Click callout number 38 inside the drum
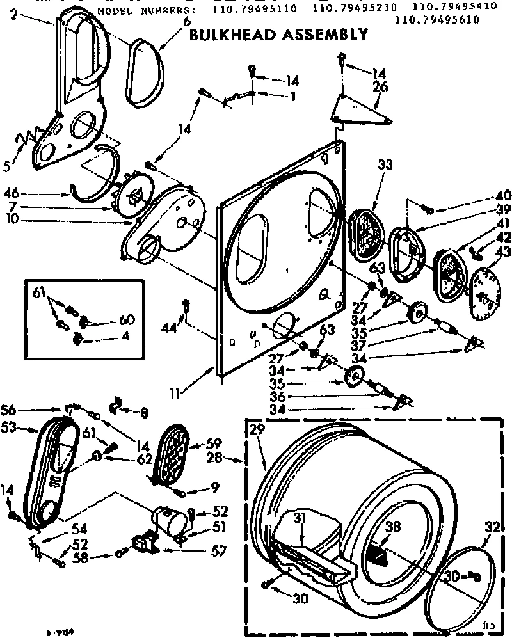click(394, 527)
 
